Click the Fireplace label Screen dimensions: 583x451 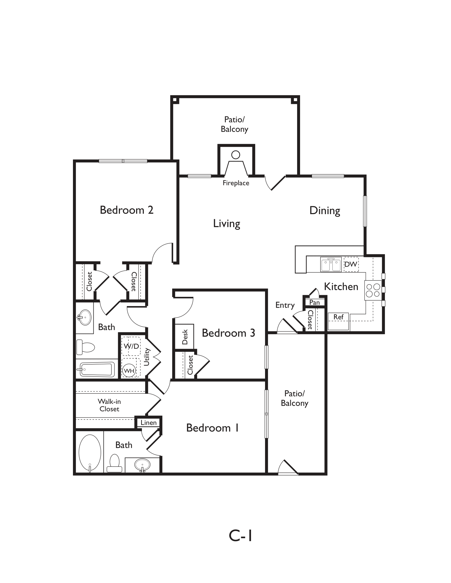236,183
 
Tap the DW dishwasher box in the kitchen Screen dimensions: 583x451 351,264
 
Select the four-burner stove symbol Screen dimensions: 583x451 373,290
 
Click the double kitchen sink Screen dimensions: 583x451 331,264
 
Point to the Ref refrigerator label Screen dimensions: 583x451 338,317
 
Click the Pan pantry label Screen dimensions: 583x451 314,302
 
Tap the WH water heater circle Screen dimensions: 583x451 129,371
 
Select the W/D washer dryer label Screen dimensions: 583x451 131,346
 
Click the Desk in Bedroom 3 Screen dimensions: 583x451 184,337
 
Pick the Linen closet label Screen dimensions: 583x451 149,423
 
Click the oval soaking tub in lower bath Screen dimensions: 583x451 90,453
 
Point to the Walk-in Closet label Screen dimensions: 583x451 109,405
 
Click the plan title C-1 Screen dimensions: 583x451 240,536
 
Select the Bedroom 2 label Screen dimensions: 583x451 126,210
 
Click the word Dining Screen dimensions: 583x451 325,211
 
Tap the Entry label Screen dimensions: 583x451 285,305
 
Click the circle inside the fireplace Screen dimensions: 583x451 236,155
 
